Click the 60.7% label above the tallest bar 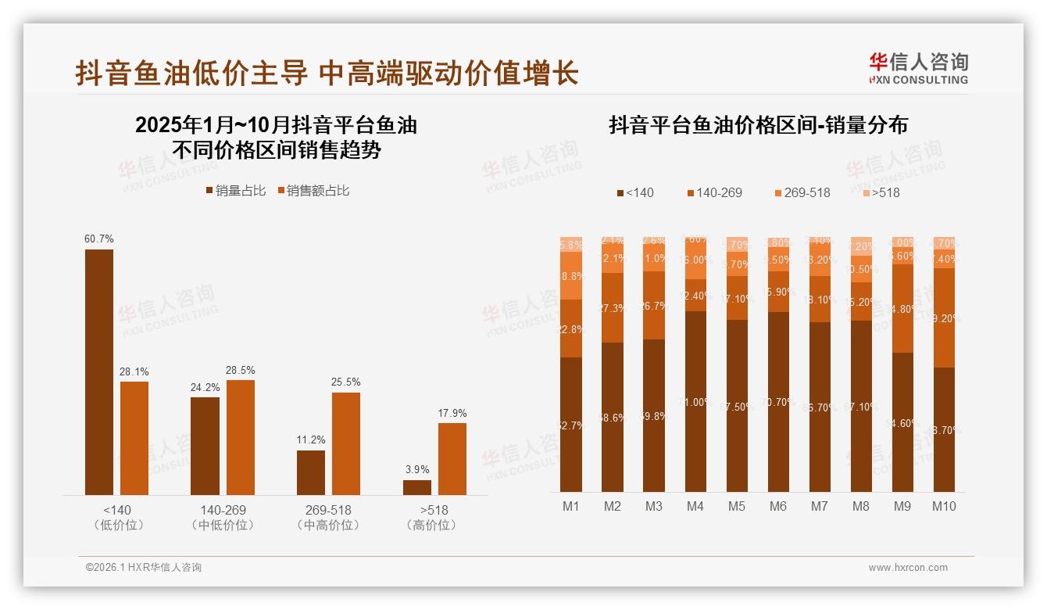click(99, 239)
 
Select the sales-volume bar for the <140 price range click(99, 371)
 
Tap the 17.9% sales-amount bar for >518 click(452, 458)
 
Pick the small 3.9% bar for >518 click(417, 487)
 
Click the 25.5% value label click(346, 382)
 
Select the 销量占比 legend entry click(235, 190)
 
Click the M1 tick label click(571, 506)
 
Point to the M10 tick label click(944, 506)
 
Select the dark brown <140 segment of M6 click(778, 402)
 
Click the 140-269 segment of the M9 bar click(902, 308)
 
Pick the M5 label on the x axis click(737, 506)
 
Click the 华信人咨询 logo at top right click(918, 68)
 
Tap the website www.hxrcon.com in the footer click(908, 568)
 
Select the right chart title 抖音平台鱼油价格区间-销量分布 click(758, 126)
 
